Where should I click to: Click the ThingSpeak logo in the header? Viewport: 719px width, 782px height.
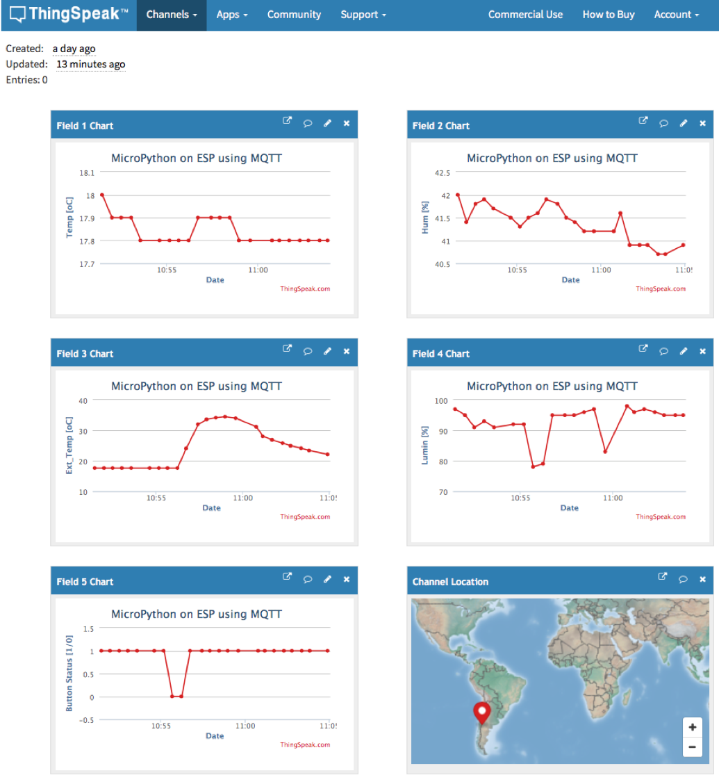[69, 15]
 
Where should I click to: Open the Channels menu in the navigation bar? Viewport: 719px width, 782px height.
[172, 15]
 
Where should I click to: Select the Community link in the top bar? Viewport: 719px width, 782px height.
[294, 15]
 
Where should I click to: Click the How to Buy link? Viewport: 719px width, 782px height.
[608, 15]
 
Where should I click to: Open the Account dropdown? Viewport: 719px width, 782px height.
[676, 15]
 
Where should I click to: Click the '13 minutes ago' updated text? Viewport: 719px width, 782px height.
[91, 65]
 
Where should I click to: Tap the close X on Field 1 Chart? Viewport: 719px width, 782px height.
[347, 123]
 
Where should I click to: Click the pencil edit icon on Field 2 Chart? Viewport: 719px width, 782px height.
[683, 123]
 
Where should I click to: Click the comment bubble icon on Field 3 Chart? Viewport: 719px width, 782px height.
[308, 351]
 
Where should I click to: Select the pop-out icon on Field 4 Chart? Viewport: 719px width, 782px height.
[643, 350]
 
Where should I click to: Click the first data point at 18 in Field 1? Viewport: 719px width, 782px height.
[102, 195]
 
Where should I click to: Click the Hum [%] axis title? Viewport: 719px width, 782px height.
[425, 217]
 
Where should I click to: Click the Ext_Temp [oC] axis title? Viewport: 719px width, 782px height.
[69, 446]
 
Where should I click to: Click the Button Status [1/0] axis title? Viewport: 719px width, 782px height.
[69, 674]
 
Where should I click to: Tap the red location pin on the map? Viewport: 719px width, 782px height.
[481, 712]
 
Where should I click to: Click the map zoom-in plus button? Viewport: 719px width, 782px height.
[692, 728]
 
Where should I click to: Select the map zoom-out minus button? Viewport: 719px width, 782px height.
[692, 748]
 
